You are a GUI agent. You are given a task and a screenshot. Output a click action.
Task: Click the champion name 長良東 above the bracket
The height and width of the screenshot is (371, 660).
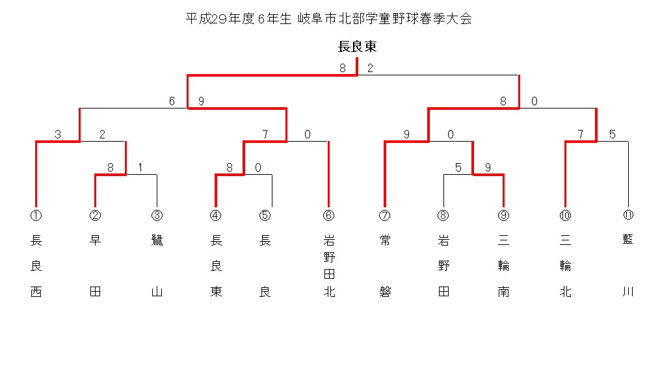358,47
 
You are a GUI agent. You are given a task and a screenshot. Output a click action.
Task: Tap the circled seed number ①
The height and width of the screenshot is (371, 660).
36,215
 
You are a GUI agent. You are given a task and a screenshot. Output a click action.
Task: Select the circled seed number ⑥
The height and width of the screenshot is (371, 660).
329,215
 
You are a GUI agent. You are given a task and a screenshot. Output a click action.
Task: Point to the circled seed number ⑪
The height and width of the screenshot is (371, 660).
628,215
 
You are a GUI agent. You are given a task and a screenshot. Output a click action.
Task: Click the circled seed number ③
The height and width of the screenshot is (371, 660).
157,215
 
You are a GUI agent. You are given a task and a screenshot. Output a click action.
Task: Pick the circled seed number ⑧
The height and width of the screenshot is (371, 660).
443,215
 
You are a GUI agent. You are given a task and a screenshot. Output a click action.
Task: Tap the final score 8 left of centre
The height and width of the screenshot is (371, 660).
343,68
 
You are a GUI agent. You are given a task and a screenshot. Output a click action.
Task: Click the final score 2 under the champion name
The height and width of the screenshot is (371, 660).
370,68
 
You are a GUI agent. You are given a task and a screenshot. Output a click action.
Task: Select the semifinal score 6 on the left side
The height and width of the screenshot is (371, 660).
172,101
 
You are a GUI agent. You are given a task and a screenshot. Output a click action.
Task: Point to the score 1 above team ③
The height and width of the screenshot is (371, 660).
140,167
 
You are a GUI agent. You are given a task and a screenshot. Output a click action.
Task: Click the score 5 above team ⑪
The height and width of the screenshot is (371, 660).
612,134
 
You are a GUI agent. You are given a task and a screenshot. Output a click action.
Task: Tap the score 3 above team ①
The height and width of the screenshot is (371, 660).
58,134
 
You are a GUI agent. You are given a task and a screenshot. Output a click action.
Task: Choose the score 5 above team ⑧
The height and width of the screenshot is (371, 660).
458,167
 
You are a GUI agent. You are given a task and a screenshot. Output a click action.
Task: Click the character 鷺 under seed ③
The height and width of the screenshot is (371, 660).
157,240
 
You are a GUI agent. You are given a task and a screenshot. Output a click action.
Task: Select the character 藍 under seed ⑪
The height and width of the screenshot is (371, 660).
628,240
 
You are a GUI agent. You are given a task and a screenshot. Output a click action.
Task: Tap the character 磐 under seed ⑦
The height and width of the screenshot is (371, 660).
385,292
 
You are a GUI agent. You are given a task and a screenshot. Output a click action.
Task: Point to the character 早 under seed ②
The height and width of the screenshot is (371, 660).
96,240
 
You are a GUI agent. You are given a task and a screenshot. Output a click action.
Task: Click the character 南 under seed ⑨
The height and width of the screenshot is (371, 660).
503,292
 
